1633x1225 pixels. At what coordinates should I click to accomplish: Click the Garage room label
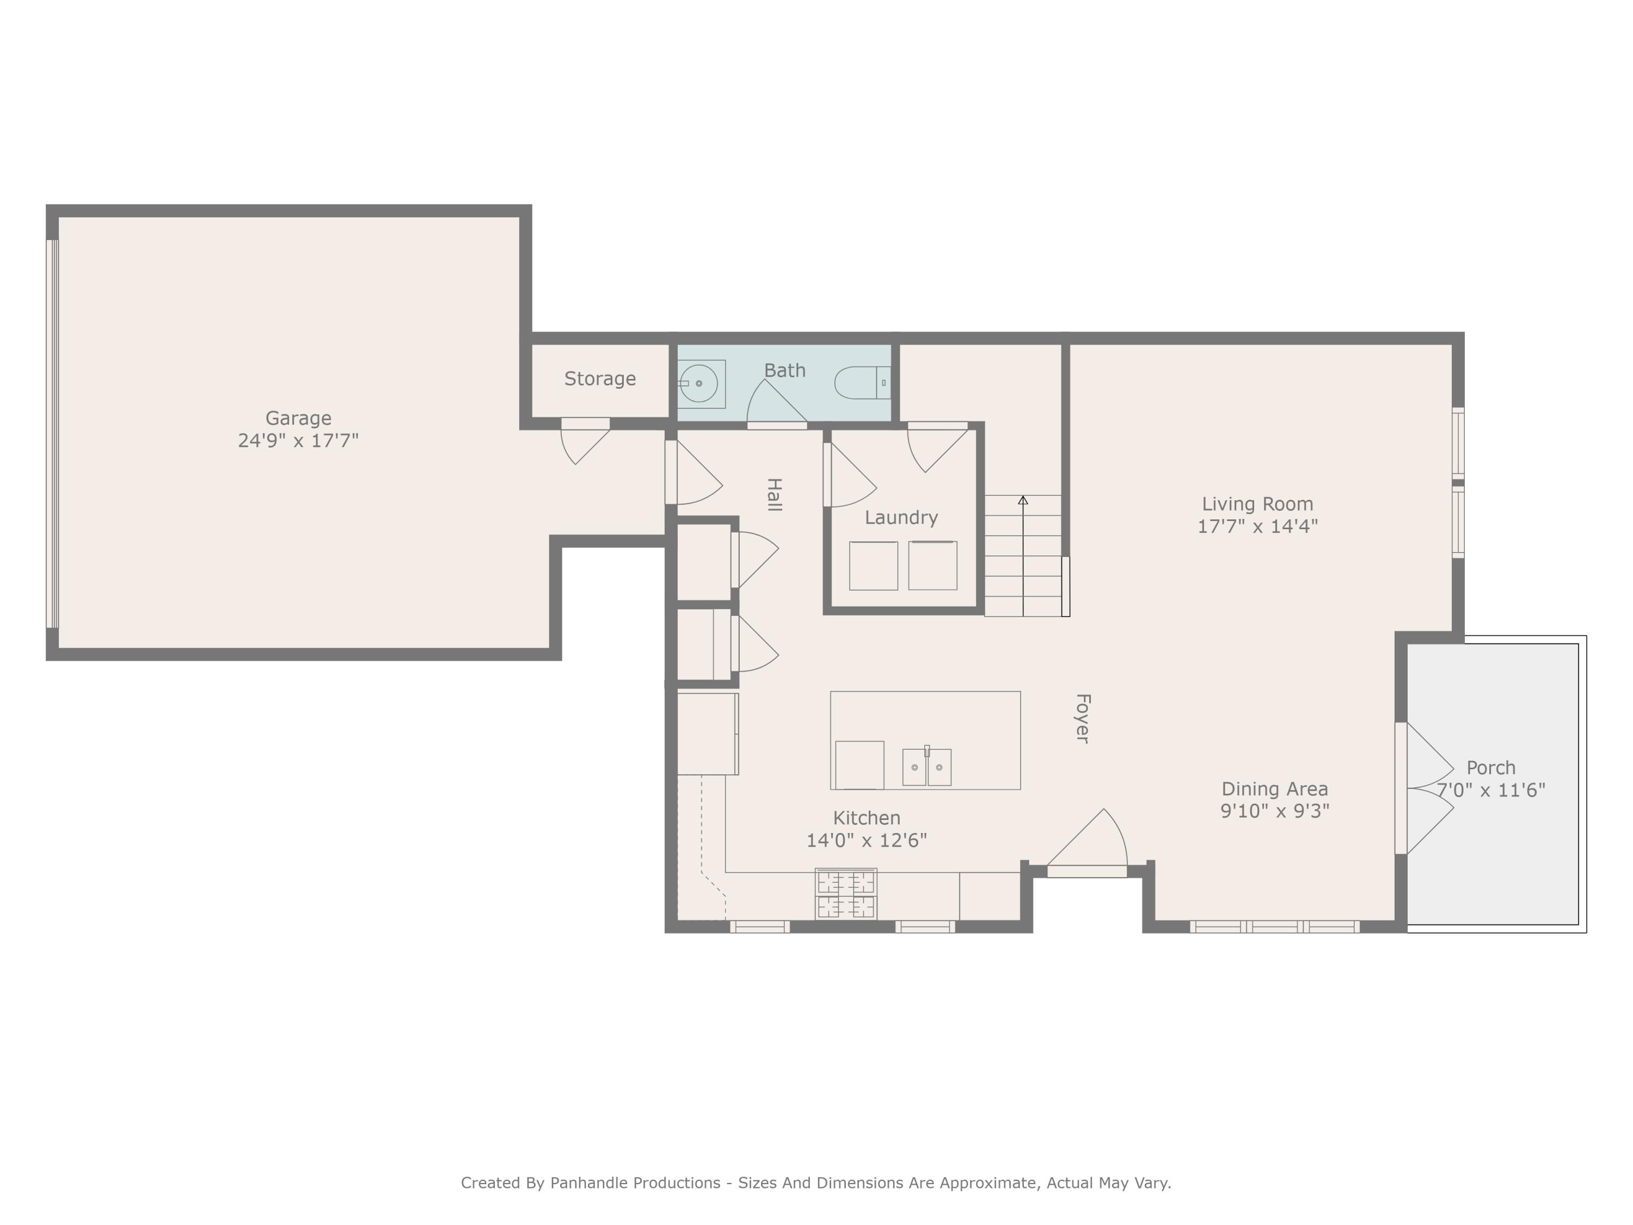pos(298,418)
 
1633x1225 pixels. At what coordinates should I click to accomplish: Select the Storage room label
pos(599,379)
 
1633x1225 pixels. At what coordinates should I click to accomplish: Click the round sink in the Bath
pos(698,384)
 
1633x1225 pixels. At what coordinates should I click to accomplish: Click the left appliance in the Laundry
pos(873,566)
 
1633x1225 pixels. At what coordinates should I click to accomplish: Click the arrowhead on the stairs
pos(1022,501)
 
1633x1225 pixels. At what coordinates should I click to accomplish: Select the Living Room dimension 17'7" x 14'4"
pos(1257,526)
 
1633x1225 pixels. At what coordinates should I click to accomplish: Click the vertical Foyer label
pos(1082,718)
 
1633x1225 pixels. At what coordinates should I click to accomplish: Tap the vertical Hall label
pos(773,495)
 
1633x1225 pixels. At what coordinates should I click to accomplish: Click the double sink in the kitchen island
pos(926,767)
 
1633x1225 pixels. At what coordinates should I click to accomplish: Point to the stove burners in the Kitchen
pos(845,893)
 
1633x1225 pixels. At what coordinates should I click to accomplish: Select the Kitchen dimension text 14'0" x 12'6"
pos(866,840)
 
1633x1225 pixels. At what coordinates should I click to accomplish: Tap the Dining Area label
pos(1274,788)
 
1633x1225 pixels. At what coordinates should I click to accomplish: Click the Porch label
pos(1490,768)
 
